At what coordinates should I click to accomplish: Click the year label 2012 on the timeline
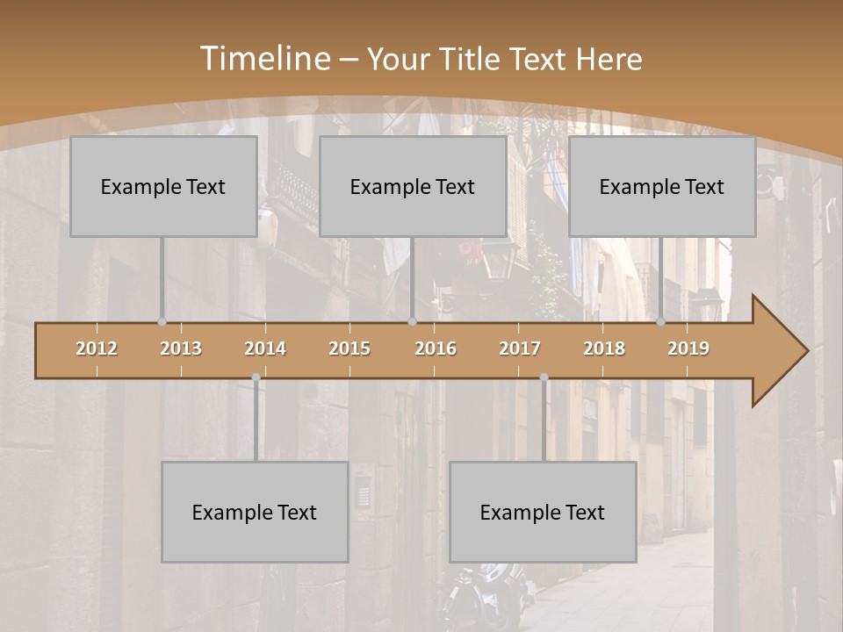(x=97, y=348)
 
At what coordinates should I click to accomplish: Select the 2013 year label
(x=181, y=348)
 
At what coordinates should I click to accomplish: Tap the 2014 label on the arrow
(x=265, y=348)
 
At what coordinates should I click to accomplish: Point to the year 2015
(x=349, y=348)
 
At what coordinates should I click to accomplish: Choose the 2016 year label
(x=436, y=348)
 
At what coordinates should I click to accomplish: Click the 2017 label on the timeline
(x=520, y=348)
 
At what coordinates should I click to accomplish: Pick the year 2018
(x=604, y=348)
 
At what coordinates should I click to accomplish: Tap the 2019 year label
(x=688, y=348)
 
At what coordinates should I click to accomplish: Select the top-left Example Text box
(x=163, y=187)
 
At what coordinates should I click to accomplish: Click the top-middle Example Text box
(x=413, y=187)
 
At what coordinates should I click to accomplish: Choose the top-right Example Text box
(x=662, y=187)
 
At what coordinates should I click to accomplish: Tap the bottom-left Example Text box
(x=255, y=513)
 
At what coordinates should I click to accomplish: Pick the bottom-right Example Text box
(x=543, y=513)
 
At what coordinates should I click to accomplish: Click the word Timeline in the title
(x=264, y=59)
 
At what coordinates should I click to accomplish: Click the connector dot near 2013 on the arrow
(x=162, y=321)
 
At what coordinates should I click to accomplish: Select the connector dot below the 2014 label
(x=256, y=377)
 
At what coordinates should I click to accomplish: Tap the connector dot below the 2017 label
(x=544, y=377)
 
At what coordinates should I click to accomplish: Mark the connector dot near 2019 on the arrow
(x=661, y=321)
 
